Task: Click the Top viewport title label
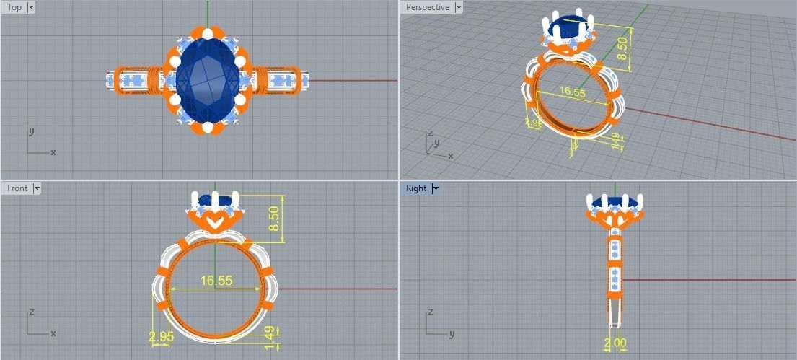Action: (x=14, y=7)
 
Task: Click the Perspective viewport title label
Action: (x=427, y=7)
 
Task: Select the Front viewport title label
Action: (x=17, y=188)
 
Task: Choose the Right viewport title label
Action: (x=416, y=188)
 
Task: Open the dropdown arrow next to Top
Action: (x=31, y=7)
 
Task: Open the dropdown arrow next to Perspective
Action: (x=457, y=7)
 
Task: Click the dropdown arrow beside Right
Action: (x=435, y=188)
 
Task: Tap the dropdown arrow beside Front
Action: (x=37, y=188)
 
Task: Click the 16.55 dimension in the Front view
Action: (x=216, y=281)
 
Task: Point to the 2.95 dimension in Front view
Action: (x=161, y=337)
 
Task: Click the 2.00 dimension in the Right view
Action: (x=615, y=343)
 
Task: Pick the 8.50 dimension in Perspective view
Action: (x=621, y=49)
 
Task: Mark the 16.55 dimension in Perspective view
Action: (x=571, y=92)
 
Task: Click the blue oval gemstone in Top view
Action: (x=208, y=79)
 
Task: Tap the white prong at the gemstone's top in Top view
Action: (x=208, y=33)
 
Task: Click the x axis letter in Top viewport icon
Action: (x=53, y=152)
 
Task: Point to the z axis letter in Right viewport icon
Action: (x=430, y=312)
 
